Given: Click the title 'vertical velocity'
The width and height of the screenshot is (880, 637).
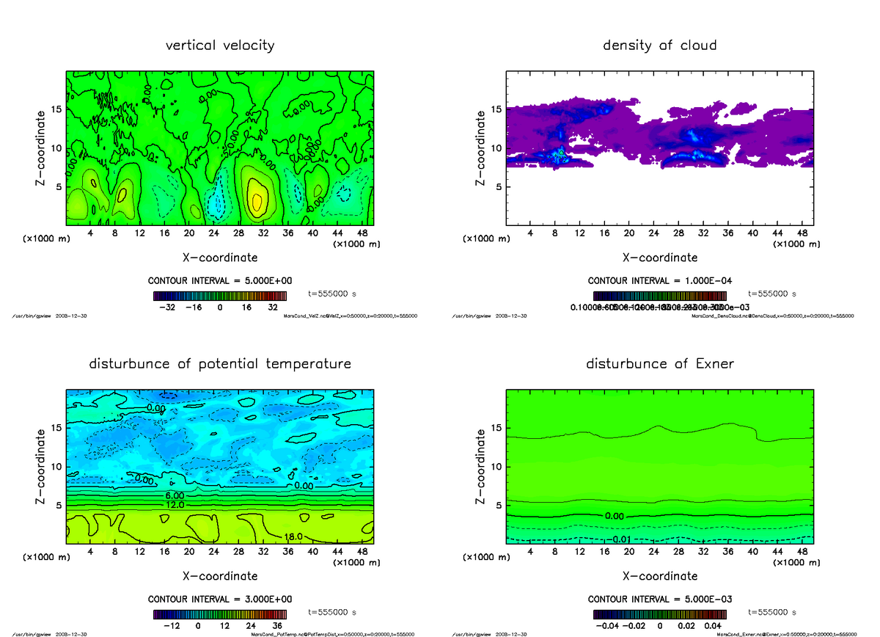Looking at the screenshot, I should (x=220, y=45).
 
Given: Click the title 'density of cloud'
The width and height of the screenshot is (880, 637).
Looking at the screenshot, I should (x=659, y=45).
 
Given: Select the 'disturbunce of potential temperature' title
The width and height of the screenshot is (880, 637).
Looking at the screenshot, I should (x=220, y=364).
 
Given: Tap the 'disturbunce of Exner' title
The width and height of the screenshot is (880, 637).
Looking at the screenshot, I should (x=659, y=364).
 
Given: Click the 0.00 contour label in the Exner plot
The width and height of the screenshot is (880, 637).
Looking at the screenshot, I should (x=614, y=516).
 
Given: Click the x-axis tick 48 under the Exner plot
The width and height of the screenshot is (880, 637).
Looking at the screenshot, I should (x=802, y=551).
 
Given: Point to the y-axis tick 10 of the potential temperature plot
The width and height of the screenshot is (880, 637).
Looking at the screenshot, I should (x=56, y=467).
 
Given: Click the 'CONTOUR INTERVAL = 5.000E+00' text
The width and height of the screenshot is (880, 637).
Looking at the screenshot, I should (x=220, y=281).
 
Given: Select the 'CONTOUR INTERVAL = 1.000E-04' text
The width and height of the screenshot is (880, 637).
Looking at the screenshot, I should (x=659, y=281).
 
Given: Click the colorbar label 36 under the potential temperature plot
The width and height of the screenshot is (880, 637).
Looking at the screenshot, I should (x=277, y=626).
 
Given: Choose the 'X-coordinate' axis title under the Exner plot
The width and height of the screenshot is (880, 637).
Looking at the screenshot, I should (x=659, y=576).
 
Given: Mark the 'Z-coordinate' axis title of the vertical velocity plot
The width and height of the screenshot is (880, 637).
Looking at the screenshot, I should (x=42, y=147).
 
